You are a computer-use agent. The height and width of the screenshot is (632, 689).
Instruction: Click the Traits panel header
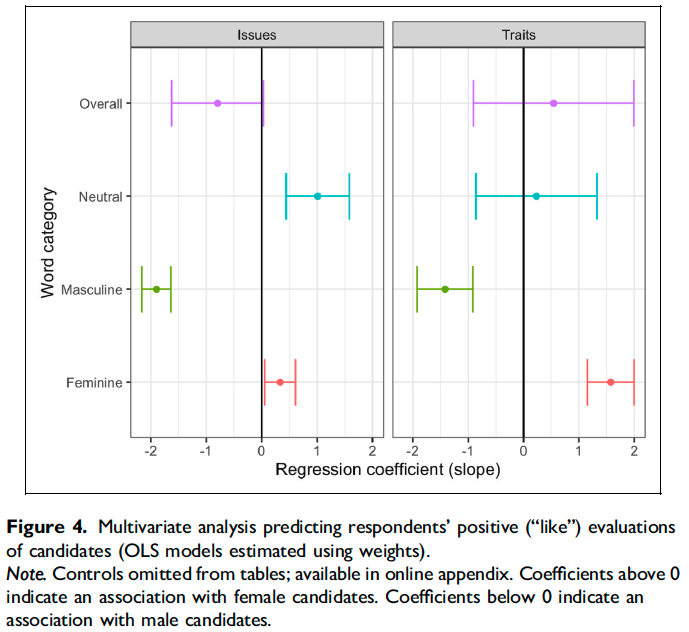pyautogui.click(x=518, y=35)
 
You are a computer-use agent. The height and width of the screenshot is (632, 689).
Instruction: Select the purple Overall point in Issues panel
pyautogui.click(x=217, y=103)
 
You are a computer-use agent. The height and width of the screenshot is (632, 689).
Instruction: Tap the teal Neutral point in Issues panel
pyautogui.click(x=318, y=196)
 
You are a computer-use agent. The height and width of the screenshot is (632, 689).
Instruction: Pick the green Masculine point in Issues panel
pyautogui.click(x=156, y=289)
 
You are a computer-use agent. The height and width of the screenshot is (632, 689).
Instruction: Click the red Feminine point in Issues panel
pyautogui.click(x=280, y=382)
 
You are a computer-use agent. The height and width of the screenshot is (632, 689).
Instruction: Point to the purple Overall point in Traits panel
pyautogui.click(x=553, y=103)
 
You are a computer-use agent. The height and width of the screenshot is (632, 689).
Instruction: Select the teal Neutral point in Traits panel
pyautogui.click(x=536, y=196)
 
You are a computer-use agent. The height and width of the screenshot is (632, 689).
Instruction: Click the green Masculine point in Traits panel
pyautogui.click(x=445, y=289)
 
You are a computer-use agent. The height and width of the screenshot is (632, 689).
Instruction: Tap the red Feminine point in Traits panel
pyautogui.click(x=610, y=382)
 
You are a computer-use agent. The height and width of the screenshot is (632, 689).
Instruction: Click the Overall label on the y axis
pyautogui.click(x=101, y=104)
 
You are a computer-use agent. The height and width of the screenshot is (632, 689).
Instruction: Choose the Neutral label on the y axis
pyautogui.click(x=100, y=197)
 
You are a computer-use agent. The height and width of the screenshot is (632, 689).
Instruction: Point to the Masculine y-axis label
pyautogui.click(x=92, y=290)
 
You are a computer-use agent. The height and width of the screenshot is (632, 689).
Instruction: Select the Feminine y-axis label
pyautogui.click(x=93, y=383)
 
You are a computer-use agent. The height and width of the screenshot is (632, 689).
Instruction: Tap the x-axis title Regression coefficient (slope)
pyautogui.click(x=388, y=471)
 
